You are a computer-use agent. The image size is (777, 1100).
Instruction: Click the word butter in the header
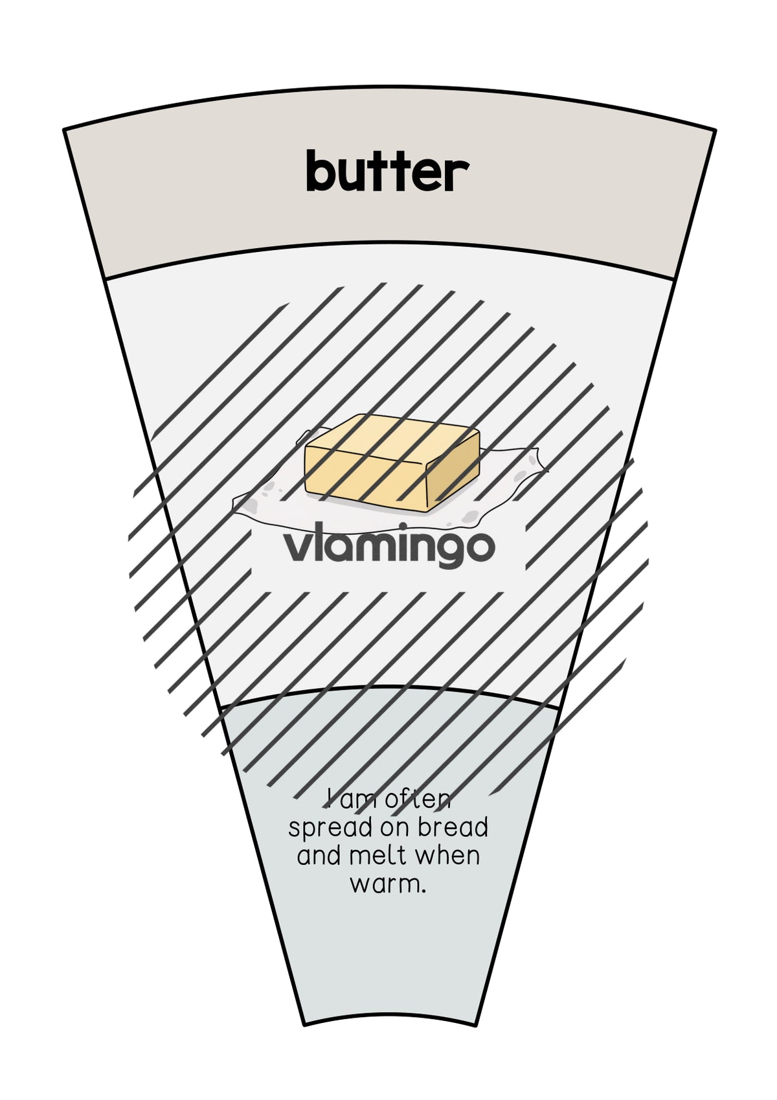click(x=387, y=171)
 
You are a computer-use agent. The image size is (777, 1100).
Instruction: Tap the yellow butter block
click(x=392, y=462)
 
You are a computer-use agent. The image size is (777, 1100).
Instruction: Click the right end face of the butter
click(x=453, y=472)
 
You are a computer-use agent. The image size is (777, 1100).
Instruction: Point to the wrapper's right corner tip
click(x=546, y=470)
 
